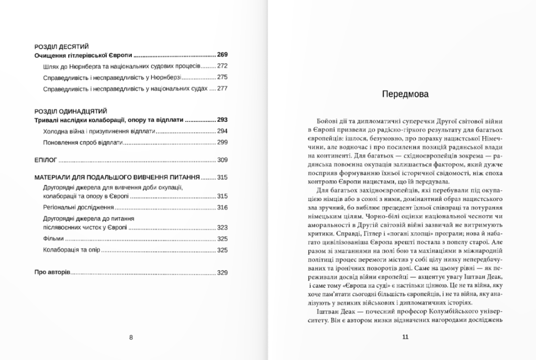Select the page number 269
point(222,54)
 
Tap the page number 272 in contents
point(222,66)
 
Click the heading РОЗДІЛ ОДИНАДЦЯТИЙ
point(71,111)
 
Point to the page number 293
point(222,120)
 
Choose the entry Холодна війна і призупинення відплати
point(99,131)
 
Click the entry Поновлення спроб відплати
point(83,142)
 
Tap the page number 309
point(222,160)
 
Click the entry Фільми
point(53,239)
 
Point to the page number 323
point(222,228)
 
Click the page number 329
point(222,272)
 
